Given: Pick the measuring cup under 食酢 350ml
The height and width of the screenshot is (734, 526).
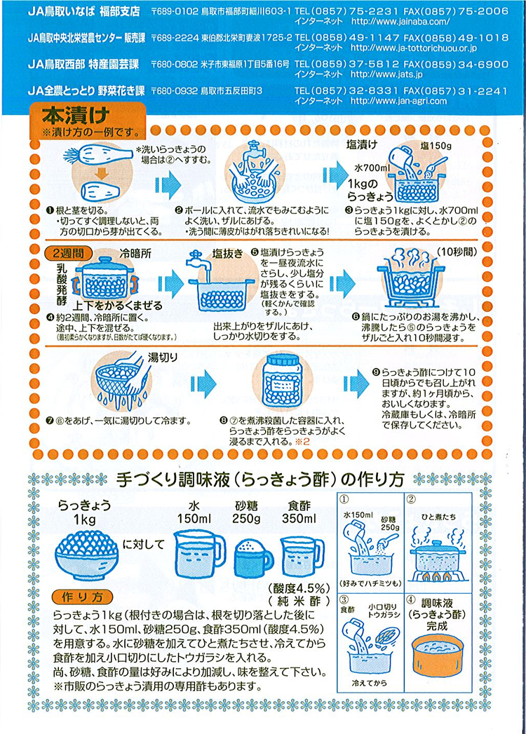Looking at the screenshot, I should (x=302, y=557).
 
